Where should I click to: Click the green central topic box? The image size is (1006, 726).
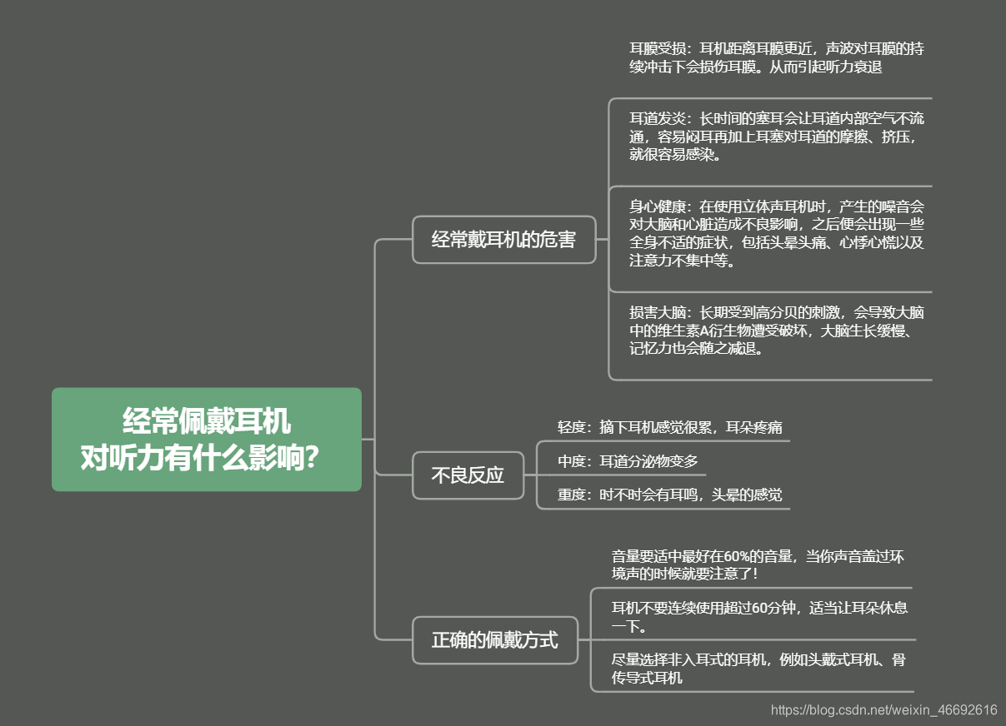[206, 439]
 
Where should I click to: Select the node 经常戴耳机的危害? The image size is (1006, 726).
[503, 240]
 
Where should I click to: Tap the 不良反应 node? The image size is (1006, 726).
[468, 475]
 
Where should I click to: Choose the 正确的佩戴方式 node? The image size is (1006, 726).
[494, 640]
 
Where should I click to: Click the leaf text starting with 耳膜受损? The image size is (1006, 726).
[776, 57]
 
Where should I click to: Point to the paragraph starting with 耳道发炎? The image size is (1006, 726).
[776, 137]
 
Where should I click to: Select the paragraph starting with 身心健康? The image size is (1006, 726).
[776, 232]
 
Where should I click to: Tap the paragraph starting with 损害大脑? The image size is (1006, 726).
[776, 331]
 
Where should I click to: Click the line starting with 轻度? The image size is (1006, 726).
[669, 427]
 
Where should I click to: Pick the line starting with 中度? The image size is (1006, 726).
[627, 460]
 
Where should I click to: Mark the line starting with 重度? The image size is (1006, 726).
[669, 495]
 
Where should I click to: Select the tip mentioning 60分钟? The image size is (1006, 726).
[758, 616]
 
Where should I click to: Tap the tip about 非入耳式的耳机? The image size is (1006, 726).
[758, 669]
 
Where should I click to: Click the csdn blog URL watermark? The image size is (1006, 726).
[883, 710]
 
